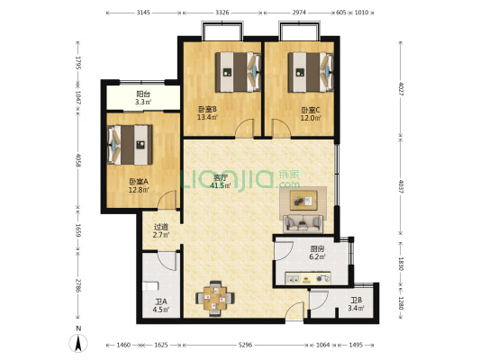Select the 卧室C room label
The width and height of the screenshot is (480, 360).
(311, 111)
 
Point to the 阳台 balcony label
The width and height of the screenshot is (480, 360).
(142, 94)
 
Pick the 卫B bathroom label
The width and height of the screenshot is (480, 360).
(355, 301)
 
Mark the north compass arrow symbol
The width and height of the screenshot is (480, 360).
(79, 341)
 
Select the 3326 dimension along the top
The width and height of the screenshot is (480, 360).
(228, 13)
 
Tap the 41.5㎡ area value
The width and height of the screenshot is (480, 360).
(221, 186)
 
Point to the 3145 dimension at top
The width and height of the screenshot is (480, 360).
(143, 13)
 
